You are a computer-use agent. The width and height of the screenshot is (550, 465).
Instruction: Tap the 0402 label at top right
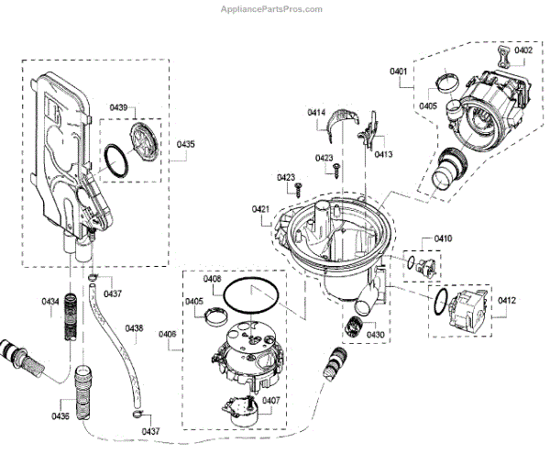522,50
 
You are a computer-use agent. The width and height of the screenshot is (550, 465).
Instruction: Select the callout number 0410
443,238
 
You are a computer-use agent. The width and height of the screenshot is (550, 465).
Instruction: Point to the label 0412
507,300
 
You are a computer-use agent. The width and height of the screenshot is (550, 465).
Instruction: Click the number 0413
383,154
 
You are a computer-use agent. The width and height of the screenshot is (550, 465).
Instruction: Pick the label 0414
316,113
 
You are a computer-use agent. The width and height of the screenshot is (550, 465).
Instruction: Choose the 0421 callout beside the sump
260,210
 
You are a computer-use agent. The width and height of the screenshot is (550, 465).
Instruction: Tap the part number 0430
376,335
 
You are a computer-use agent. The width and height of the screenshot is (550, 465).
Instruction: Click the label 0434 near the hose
49,301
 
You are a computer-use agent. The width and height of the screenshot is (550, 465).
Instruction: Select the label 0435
186,145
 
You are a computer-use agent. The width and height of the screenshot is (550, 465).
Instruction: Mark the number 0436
60,416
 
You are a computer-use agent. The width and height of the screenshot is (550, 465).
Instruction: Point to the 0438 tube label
134,327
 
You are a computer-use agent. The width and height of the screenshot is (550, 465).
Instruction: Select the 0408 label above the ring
212,278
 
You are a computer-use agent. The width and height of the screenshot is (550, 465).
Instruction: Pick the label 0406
167,334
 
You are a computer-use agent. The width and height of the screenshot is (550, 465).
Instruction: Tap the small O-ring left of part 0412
442,299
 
